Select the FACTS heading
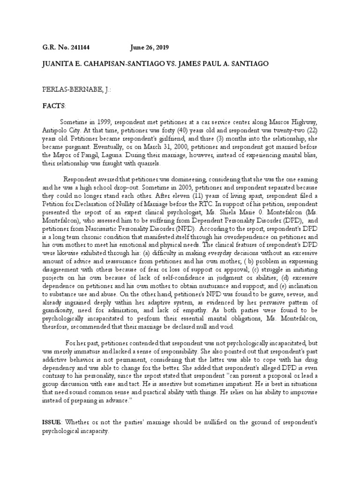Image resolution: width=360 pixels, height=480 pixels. tap(52, 106)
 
